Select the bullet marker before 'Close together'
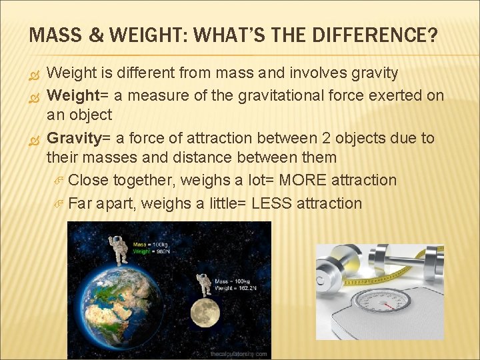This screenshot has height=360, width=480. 57,180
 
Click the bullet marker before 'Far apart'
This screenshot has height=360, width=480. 57,203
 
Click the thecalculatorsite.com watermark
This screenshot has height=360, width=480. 239,354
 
